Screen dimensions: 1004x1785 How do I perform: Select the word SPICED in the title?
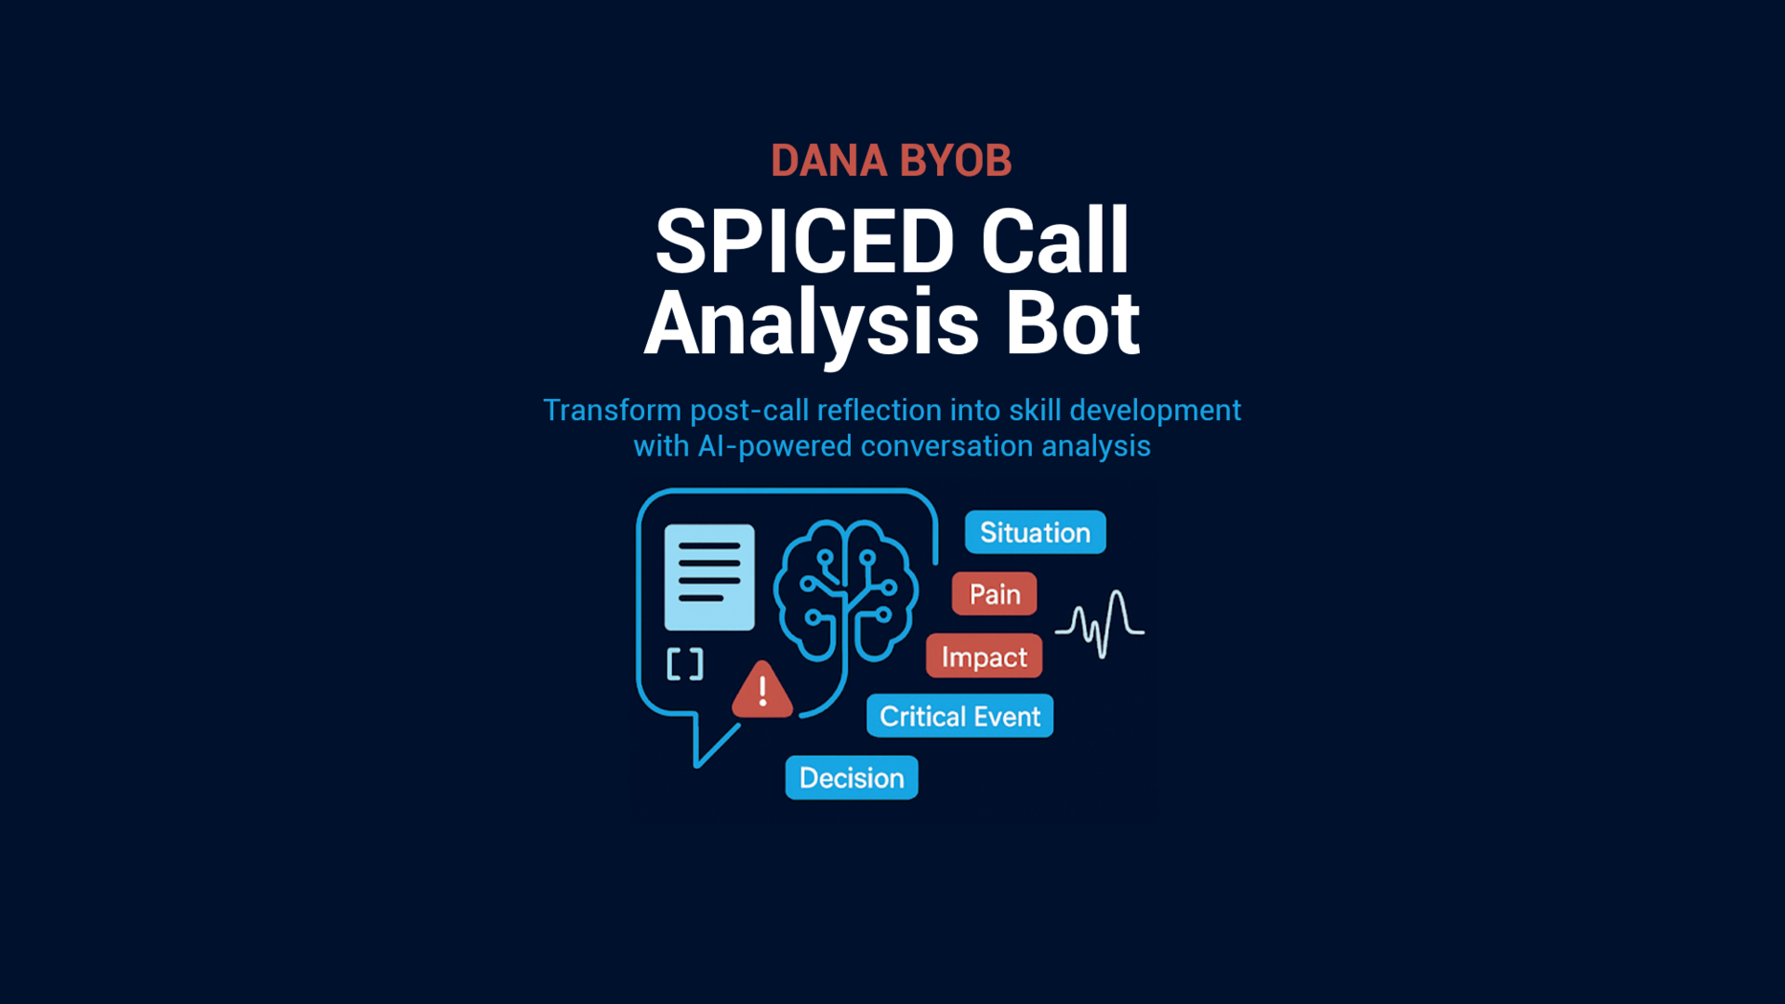pyautogui.click(x=804, y=242)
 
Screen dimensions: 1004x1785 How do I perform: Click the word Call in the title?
pyautogui.click(x=1055, y=242)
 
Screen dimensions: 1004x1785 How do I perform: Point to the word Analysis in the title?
pyautogui.click(x=812, y=324)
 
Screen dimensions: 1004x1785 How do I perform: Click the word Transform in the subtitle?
pyautogui.click(x=612, y=410)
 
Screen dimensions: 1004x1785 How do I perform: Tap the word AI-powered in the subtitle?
pyautogui.click(x=774, y=446)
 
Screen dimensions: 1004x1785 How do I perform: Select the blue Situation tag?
pyautogui.click(x=1035, y=533)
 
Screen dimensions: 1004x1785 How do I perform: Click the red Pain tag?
pyautogui.click(x=994, y=594)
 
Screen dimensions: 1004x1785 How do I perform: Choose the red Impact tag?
pyautogui.click(x=984, y=656)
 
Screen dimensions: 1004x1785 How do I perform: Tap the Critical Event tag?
pyautogui.click(x=959, y=716)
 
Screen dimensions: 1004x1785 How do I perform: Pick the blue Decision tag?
pyautogui.click(x=852, y=777)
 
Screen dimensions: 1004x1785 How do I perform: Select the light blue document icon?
pyautogui.click(x=709, y=576)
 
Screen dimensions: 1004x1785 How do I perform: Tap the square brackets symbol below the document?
pyautogui.click(x=685, y=664)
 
